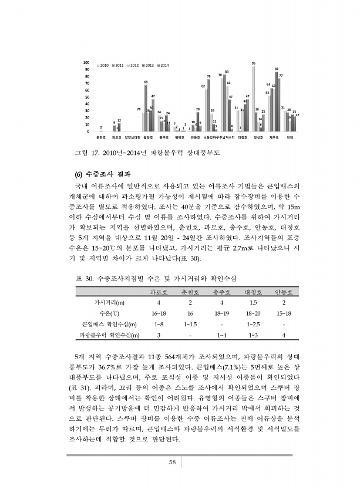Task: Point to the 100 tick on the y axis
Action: (x=86, y=62)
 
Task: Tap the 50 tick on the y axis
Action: (x=88, y=97)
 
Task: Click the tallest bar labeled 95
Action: (x=253, y=99)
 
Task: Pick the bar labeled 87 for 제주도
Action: (x=277, y=101)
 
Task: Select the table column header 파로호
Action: (x=159, y=291)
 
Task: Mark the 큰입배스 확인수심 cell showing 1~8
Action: (x=159, y=324)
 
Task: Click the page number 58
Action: (x=173, y=462)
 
